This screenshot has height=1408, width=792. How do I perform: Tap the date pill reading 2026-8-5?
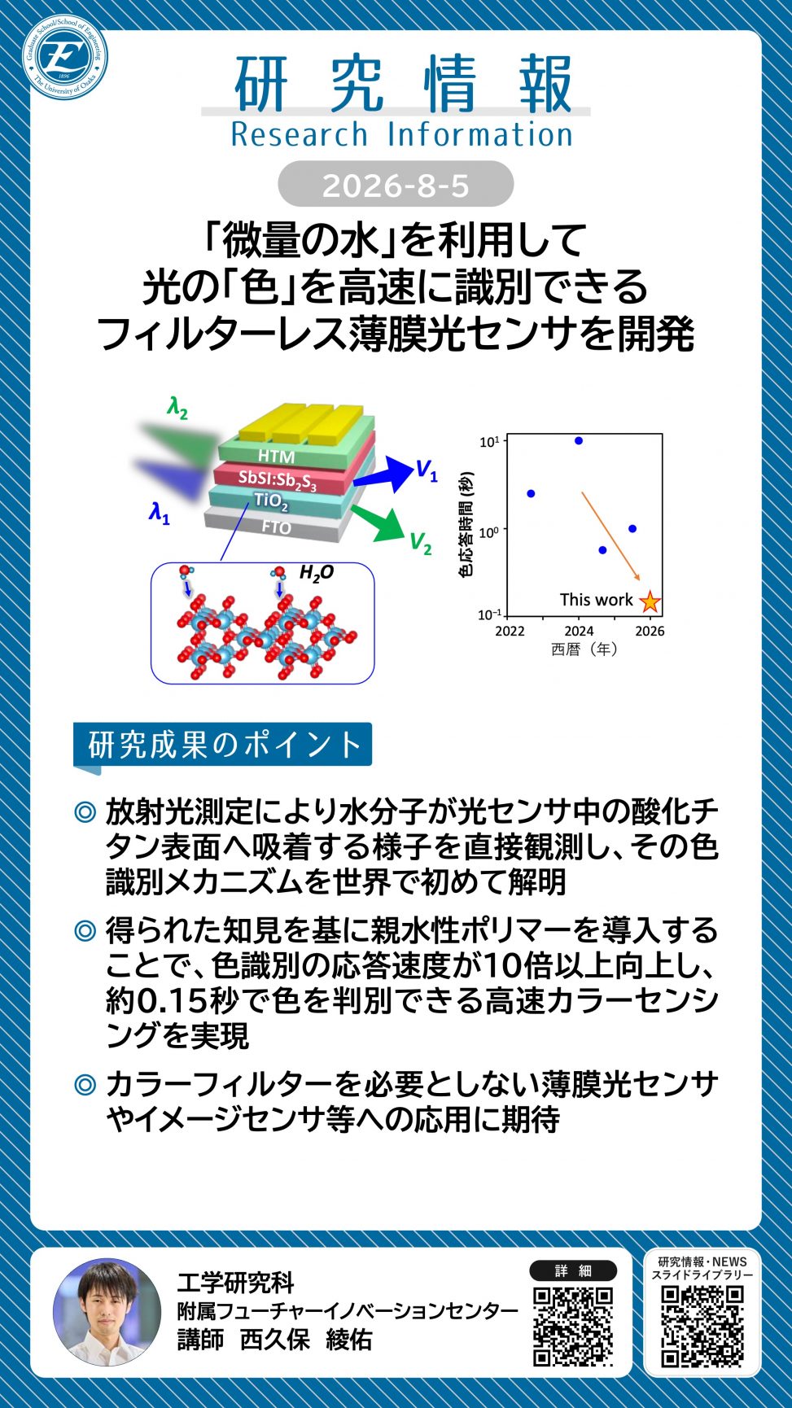[x=396, y=185]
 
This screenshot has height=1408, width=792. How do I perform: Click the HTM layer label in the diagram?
[x=276, y=456]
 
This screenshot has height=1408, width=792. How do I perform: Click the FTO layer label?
[x=277, y=527]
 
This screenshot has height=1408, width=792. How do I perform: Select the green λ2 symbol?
[x=177, y=407]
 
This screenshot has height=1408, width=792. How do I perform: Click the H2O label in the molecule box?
[x=317, y=573]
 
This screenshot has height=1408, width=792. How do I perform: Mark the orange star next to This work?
[x=650, y=601]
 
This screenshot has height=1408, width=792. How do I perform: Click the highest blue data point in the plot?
[x=579, y=441]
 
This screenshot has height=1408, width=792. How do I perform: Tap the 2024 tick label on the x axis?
[x=579, y=631]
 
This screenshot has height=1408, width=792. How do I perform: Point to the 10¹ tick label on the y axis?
[x=489, y=442]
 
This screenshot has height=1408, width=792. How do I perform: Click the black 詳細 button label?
[x=573, y=1270]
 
